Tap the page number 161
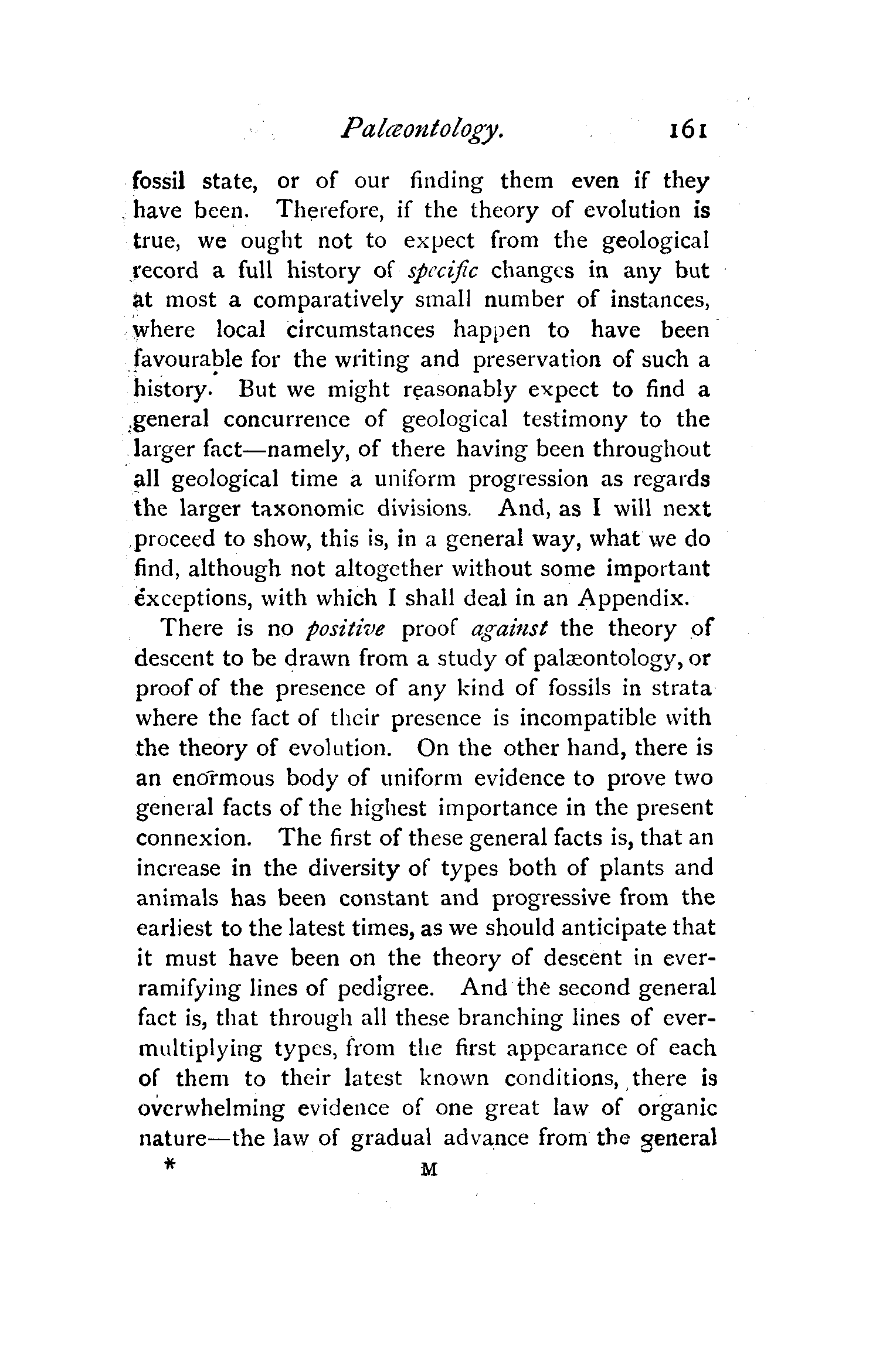tap(684, 129)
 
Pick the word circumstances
tap(361, 330)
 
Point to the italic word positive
tap(346, 629)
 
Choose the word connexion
tap(194, 839)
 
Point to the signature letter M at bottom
tap(429, 1170)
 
